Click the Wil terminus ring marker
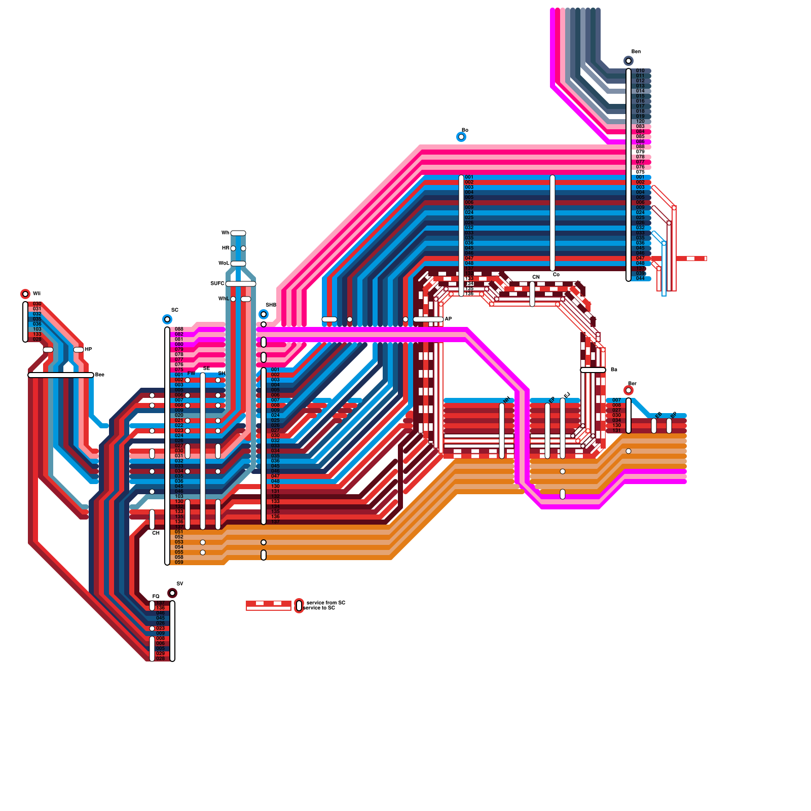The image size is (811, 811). click(25, 294)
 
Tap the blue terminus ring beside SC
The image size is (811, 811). click(167, 319)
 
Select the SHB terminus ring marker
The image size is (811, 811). click(264, 314)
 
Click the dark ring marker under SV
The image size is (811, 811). click(172, 593)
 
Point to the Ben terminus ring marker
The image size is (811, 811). click(629, 61)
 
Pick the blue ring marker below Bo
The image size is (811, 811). click(461, 137)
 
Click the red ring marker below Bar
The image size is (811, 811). click(629, 390)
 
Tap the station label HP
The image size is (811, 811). click(88, 349)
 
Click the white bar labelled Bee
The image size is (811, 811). click(61, 375)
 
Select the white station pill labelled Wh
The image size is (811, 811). click(238, 233)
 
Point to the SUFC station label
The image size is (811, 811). click(217, 283)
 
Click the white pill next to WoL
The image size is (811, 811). click(238, 264)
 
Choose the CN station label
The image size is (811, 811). click(536, 277)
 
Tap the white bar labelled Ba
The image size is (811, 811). click(593, 370)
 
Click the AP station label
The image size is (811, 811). click(448, 319)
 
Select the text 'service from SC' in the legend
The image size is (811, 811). click(326, 603)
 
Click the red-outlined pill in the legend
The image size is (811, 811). click(299, 606)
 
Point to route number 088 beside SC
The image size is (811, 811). click(179, 329)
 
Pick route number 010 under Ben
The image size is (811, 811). click(640, 70)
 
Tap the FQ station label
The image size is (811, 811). click(156, 596)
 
